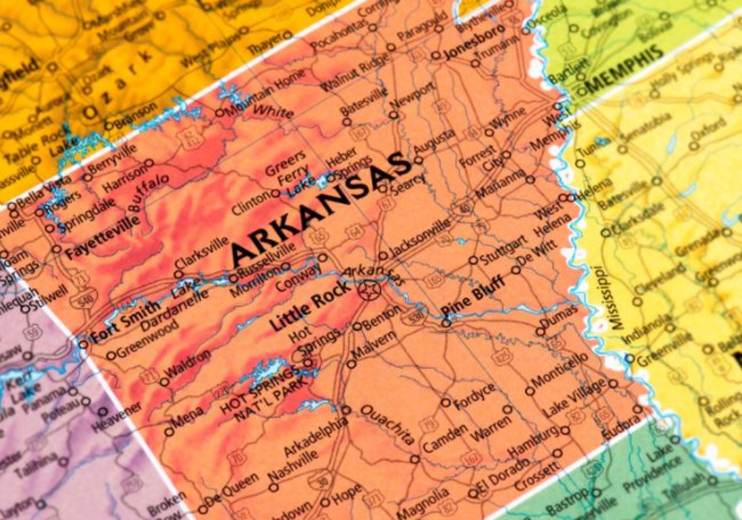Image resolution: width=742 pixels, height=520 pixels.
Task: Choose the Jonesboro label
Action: tap(475, 42)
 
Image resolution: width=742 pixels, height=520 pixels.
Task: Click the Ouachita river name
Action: tap(387, 425)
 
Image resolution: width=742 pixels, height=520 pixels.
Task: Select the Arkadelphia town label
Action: tap(316, 439)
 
